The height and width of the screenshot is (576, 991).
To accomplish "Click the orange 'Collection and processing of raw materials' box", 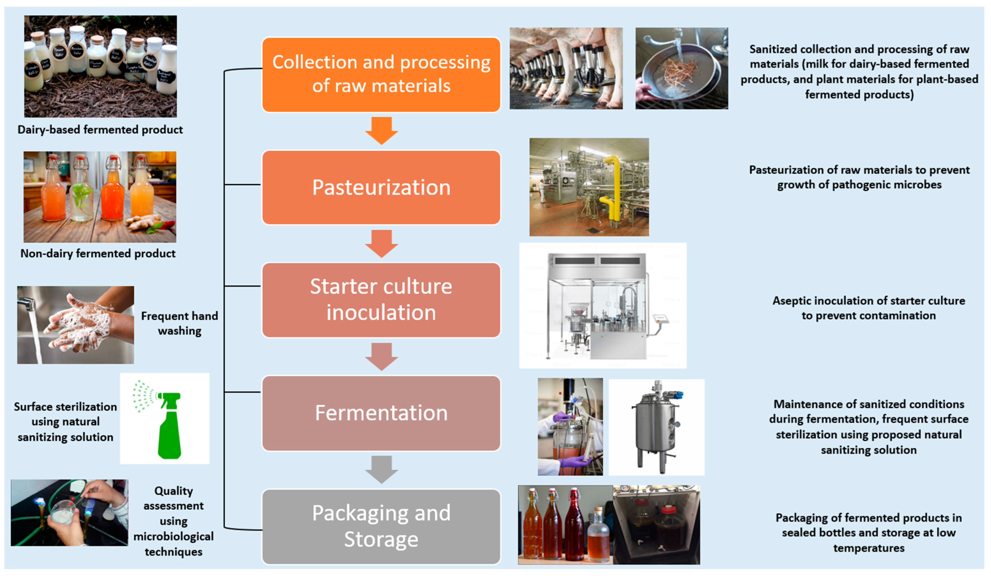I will pyautogui.click(x=381, y=74).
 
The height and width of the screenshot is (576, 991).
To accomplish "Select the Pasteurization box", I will pyautogui.click(x=381, y=187).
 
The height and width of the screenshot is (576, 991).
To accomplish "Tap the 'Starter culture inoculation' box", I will pyautogui.click(x=381, y=300).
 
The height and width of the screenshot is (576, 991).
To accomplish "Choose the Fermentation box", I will pyautogui.click(x=381, y=413).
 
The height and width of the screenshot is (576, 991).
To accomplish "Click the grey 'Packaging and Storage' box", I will pyautogui.click(x=381, y=526).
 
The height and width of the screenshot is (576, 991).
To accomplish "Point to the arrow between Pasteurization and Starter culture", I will pyautogui.click(x=381, y=243).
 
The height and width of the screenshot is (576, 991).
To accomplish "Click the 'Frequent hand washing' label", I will pyautogui.click(x=179, y=323).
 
